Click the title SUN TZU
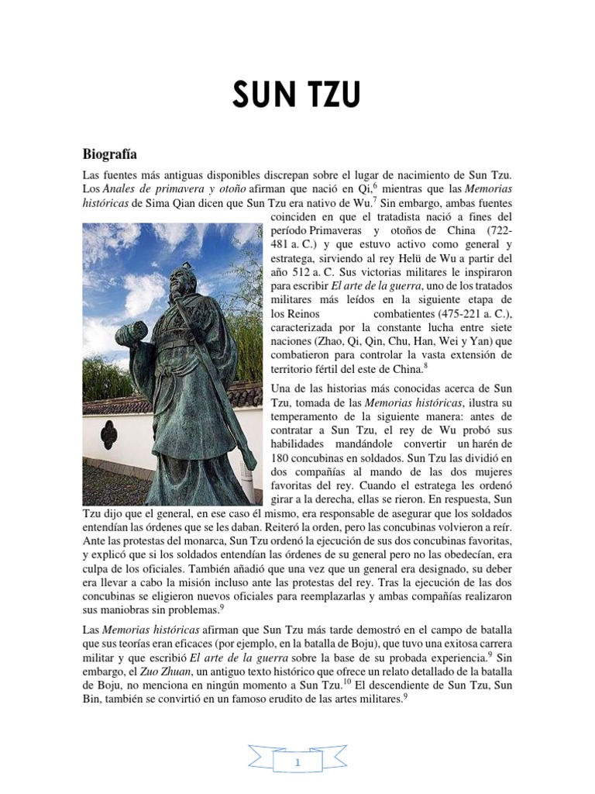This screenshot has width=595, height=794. point(297,98)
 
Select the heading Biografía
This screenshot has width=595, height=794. point(112,154)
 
